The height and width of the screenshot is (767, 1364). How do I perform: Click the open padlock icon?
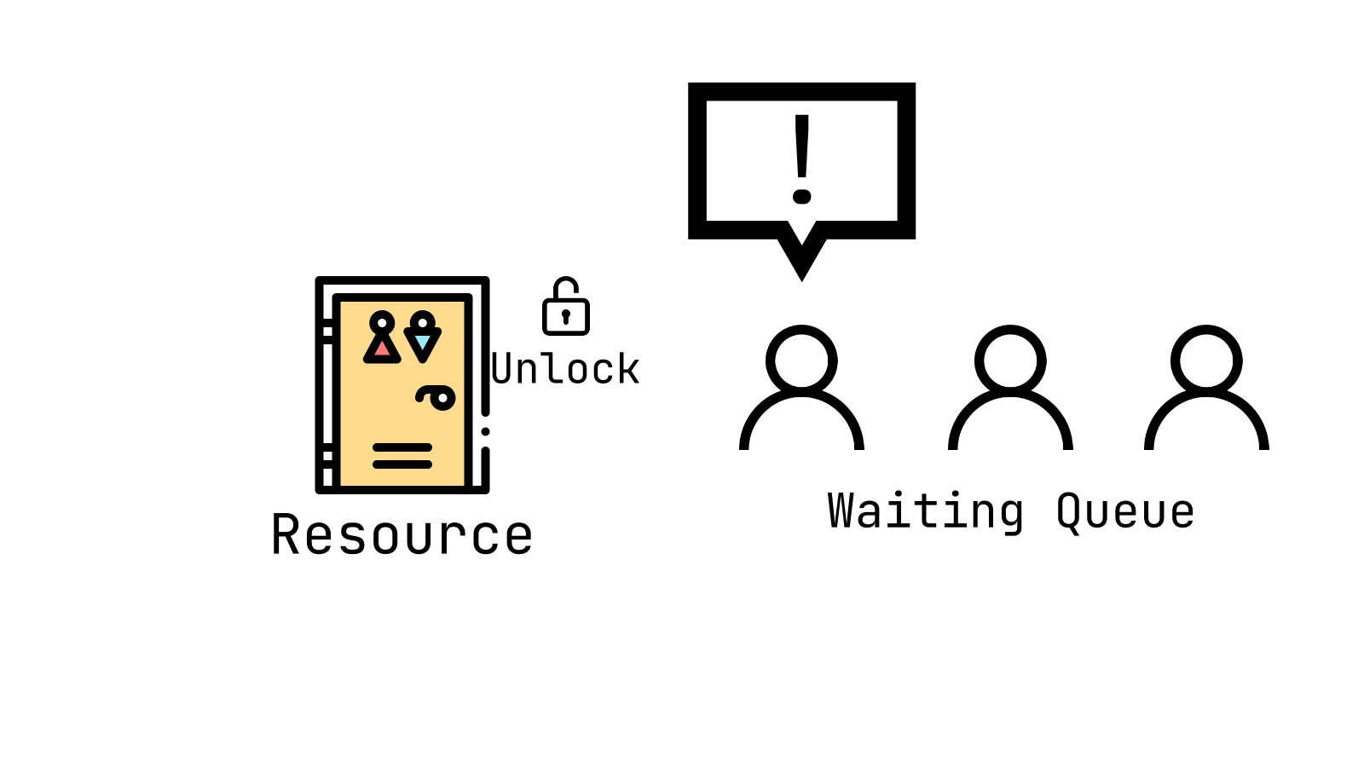pyautogui.click(x=566, y=308)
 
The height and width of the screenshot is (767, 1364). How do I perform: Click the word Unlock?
pyautogui.click(x=566, y=369)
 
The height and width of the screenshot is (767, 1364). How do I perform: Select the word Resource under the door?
pyautogui.click(x=402, y=535)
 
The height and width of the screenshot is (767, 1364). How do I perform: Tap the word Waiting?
pyautogui.click(x=925, y=511)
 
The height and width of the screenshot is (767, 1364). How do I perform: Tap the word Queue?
pyautogui.click(x=1125, y=511)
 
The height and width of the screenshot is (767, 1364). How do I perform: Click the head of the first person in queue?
pyautogui.click(x=801, y=360)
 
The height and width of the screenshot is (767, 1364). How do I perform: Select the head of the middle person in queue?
pyautogui.click(x=1010, y=360)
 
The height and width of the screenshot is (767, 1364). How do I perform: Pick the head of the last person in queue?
pyautogui.click(x=1206, y=360)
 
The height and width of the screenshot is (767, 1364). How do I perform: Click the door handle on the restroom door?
pyautogui.click(x=436, y=397)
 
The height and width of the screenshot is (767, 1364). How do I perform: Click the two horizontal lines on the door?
pyautogui.click(x=402, y=456)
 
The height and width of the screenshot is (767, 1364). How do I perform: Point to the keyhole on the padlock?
pyautogui.click(x=566, y=316)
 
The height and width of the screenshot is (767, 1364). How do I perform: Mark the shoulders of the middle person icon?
pyautogui.click(x=1010, y=422)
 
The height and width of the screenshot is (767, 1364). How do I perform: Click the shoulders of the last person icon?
pyautogui.click(x=1206, y=422)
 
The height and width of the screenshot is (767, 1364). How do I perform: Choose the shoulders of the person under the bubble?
pyautogui.click(x=801, y=422)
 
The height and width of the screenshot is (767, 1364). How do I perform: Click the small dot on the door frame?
pyautogui.click(x=485, y=431)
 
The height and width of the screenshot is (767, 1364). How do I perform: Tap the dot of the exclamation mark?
pyautogui.click(x=801, y=197)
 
